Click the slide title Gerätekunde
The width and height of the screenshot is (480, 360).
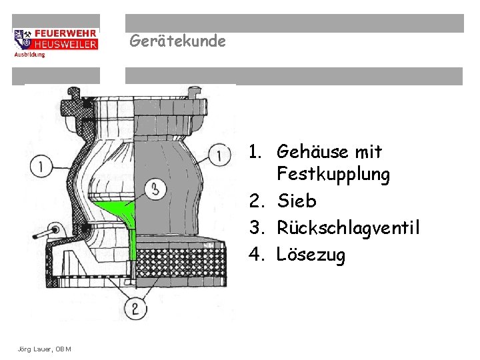pyautogui.click(x=177, y=41)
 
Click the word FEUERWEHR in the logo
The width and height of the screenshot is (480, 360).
pyautogui.click(x=65, y=33)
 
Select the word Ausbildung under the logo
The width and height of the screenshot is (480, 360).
pyautogui.click(x=29, y=55)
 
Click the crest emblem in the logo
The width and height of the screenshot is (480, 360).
pyautogui.click(x=22, y=39)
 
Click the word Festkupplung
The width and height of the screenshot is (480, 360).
pyautogui.click(x=333, y=175)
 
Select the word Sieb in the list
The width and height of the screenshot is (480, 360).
pyautogui.click(x=297, y=201)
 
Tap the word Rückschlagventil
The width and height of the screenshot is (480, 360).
pyautogui.click(x=348, y=227)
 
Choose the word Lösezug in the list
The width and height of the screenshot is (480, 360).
pyautogui.click(x=311, y=255)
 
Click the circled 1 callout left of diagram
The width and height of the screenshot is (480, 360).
pyautogui.click(x=42, y=165)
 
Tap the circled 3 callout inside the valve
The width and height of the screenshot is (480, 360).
pyautogui.click(x=155, y=189)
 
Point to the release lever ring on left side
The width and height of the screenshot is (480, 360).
pyautogui.click(x=53, y=231)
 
